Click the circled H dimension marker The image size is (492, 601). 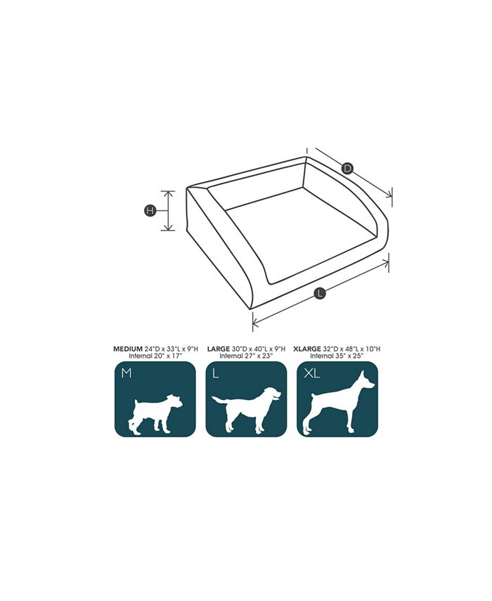[x=150, y=210]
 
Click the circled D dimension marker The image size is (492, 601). [x=347, y=168]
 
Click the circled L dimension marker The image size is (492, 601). [x=320, y=294]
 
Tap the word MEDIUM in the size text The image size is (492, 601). [x=128, y=349]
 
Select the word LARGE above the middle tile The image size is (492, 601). [x=219, y=349]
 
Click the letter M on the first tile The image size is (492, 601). [x=126, y=374]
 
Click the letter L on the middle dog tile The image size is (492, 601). [x=216, y=374]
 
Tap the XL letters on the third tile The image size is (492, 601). [x=311, y=374]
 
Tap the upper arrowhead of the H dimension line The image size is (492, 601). [x=168, y=192]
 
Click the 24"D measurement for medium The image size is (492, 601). [x=153, y=349]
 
